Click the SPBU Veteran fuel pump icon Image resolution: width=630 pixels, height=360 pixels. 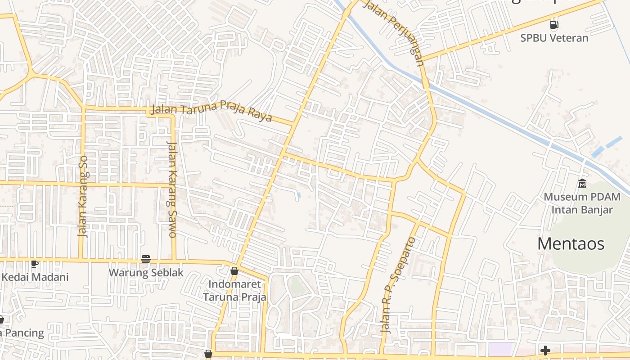(x=554, y=25)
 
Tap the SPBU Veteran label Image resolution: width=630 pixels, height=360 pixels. (x=554, y=38)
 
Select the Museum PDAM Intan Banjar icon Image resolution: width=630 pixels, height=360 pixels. (x=582, y=183)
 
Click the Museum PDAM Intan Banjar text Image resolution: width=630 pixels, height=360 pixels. (x=582, y=203)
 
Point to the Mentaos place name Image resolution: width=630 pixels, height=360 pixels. (x=571, y=244)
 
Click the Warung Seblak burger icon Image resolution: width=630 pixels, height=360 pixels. (x=145, y=259)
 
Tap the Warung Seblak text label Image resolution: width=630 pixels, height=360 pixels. (x=146, y=273)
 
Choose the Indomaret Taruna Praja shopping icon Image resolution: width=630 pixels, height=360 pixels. (x=234, y=271)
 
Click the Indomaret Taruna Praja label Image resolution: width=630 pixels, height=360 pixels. (x=234, y=291)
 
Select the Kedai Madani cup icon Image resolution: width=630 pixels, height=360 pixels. (x=34, y=264)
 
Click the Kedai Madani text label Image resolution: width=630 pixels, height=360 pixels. (x=35, y=277)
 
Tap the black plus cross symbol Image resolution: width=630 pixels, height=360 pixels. (x=545, y=350)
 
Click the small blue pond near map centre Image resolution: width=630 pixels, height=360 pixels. (x=299, y=195)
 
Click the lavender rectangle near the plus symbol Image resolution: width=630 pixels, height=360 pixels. (x=501, y=348)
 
